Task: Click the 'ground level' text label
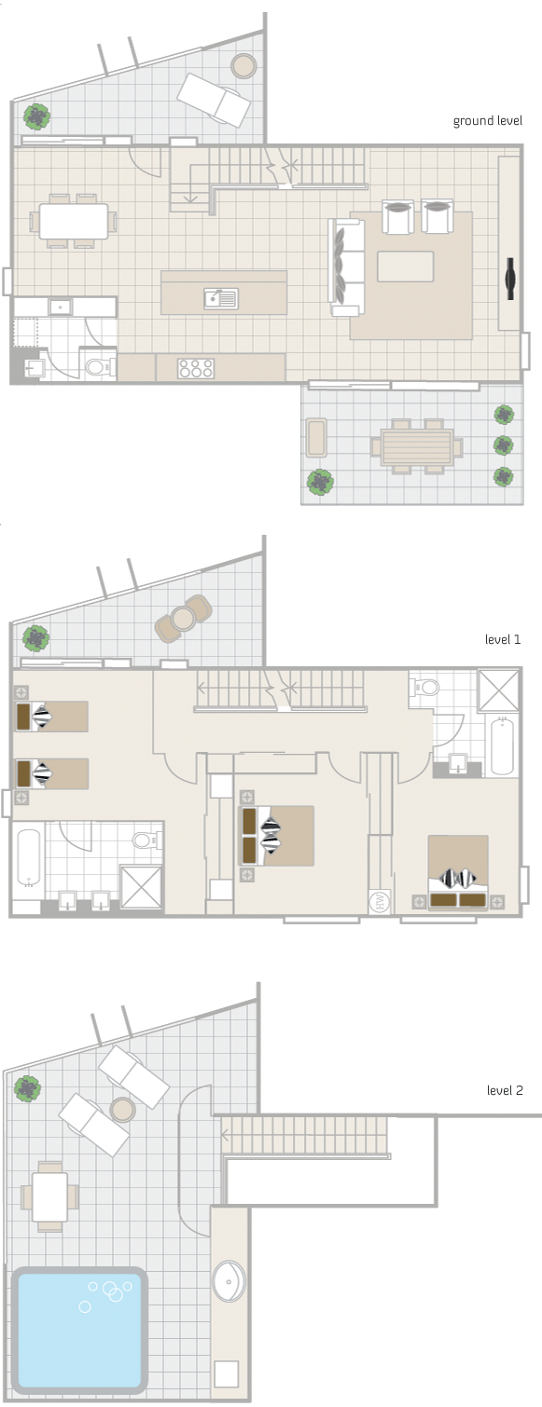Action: point(487,121)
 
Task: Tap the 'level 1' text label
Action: point(503,640)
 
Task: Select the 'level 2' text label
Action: point(505,1089)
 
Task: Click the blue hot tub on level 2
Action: point(79,1327)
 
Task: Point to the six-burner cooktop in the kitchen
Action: point(197,368)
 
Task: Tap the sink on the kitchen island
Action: point(221,298)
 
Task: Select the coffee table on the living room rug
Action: point(405,266)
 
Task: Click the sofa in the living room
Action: point(345,266)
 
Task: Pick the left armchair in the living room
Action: point(398,217)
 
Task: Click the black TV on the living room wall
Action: point(510,277)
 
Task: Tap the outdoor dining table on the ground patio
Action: point(415,445)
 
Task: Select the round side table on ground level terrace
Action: point(243,65)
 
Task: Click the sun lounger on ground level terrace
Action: point(215,99)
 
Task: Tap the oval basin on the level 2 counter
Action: point(229,1281)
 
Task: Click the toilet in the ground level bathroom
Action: point(97,366)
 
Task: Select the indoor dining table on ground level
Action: point(74,222)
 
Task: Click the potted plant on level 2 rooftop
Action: point(27,1087)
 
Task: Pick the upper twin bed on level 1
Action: point(51,717)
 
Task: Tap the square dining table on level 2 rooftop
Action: point(49,1196)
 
